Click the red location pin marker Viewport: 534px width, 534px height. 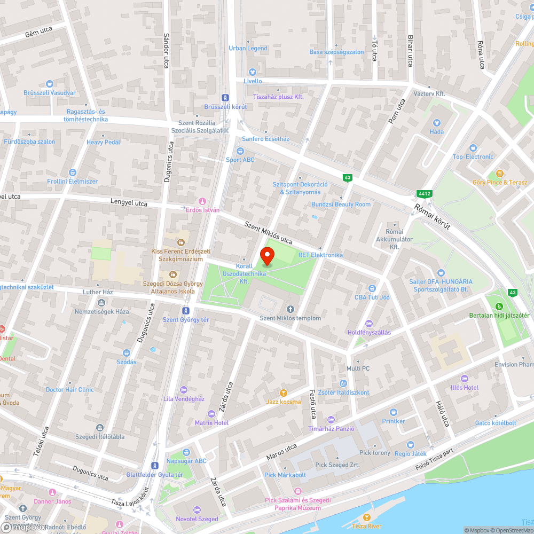[267, 257]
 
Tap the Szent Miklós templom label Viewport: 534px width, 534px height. [290, 318]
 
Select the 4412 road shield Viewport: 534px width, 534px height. [425, 193]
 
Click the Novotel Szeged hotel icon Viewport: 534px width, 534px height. [197, 509]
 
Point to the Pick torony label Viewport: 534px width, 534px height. [375, 453]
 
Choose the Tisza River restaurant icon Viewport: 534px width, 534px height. [366, 517]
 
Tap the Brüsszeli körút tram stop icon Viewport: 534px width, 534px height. [225, 98]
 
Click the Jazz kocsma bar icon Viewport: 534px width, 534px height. [283, 392]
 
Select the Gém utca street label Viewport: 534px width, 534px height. [38, 32]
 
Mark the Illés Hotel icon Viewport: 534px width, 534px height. [464, 378]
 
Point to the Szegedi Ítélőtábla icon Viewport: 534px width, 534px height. [100, 427]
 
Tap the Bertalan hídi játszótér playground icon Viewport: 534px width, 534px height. [499, 306]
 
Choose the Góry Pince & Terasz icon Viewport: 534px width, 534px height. [499, 173]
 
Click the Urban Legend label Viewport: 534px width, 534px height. [248, 48]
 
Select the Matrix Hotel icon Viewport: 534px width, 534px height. [211, 413]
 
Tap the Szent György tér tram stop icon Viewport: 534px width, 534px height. [186, 310]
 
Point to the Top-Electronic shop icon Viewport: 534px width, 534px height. [473, 147]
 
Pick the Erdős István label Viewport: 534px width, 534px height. [202, 210]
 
